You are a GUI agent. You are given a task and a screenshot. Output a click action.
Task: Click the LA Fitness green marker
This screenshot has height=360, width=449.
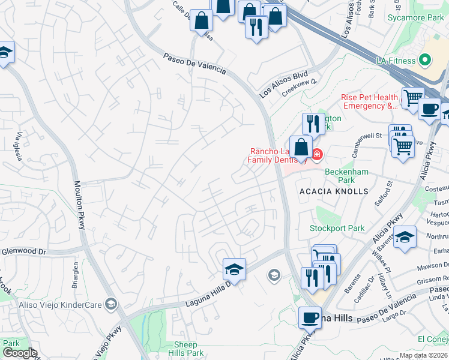tap(426, 60)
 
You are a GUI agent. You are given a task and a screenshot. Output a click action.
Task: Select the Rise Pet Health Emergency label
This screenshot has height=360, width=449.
tap(369, 101)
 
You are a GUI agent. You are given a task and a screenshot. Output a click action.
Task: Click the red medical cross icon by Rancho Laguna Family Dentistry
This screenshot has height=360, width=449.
tap(317, 155)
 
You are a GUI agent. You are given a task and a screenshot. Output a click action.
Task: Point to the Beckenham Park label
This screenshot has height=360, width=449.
tap(344, 175)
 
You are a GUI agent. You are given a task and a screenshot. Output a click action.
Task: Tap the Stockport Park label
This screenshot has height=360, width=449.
tap(328, 228)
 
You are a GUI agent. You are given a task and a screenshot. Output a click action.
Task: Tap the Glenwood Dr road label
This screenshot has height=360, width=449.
tap(24, 251)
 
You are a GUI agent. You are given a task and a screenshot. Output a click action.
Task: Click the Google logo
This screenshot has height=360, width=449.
tap(20, 353)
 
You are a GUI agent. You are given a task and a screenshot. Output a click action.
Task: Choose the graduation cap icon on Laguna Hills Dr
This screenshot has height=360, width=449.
tap(234, 269)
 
